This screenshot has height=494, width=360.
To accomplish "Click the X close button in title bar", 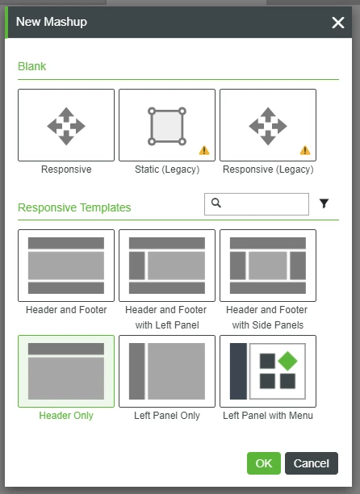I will point(337,23).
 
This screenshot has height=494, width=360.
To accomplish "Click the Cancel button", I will point(311,463).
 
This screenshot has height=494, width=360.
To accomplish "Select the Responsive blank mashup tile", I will point(66,125).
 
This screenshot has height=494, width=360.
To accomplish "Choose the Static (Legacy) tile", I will point(167,125).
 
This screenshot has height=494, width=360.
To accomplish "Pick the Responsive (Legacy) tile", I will point(268,125).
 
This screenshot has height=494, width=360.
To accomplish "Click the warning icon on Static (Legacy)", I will point(204,149).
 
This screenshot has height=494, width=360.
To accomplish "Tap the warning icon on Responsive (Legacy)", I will point(305,149).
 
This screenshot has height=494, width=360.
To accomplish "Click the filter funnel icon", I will point(324,204).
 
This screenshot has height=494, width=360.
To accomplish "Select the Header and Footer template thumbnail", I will point(66,266).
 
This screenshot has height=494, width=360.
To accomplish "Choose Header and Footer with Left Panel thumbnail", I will point(167,266).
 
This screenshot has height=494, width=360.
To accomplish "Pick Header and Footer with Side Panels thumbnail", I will point(268,266).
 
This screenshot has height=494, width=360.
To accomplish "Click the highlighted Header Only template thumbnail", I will point(66,371).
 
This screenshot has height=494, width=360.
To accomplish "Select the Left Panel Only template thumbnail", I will point(167,371).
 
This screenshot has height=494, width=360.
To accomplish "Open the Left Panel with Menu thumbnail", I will point(268,371).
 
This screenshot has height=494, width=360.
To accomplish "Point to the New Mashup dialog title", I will point(52,23).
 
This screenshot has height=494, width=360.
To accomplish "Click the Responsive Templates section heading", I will point(74,207).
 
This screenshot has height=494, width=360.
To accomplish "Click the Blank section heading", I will point(32,66).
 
